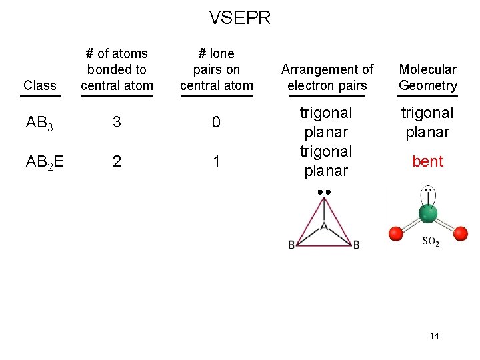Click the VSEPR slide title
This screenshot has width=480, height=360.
click(x=240, y=17)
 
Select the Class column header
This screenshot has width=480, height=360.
click(x=39, y=85)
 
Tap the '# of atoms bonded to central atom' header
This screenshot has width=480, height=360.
click(x=117, y=69)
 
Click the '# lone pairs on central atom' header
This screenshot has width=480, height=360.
click(x=217, y=69)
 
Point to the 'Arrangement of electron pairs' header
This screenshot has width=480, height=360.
click(x=327, y=77)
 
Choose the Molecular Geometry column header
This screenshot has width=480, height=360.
click(x=428, y=77)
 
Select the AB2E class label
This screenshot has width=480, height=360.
click(x=43, y=162)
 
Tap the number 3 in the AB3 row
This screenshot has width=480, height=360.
click(x=117, y=123)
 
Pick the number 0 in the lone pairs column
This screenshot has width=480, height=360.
click(x=216, y=123)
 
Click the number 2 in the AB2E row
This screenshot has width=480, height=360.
click(x=117, y=162)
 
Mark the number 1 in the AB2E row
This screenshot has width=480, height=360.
click(x=216, y=162)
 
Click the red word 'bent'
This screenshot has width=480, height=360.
click(x=428, y=161)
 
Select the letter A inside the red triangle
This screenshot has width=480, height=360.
click(x=324, y=227)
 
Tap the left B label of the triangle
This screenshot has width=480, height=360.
click(x=292, y=245)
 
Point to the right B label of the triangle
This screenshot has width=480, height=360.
click(x=357, y=245)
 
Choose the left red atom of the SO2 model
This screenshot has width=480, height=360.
click(x=395, y=233)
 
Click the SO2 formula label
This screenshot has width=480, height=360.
click(x=431, y=242)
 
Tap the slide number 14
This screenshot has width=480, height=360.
click(x=435, y=336)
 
